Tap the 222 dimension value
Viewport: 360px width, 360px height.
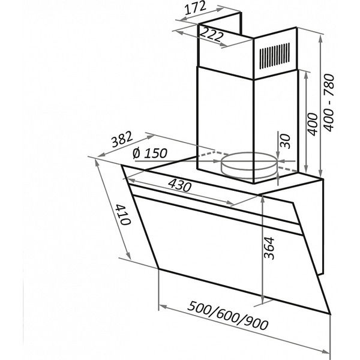[212, 35]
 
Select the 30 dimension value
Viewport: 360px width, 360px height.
[286, 142]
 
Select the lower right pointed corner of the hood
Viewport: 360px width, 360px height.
[330, 314]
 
